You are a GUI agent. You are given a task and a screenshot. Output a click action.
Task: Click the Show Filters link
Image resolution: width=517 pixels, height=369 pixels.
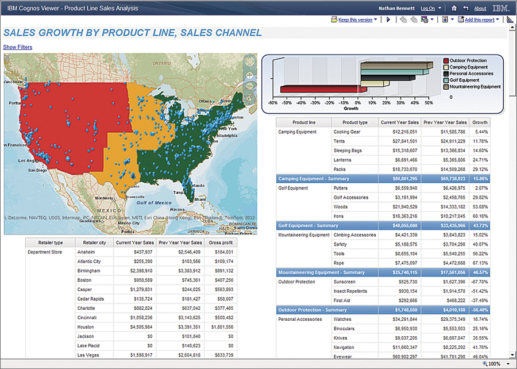click(x=18, y=47)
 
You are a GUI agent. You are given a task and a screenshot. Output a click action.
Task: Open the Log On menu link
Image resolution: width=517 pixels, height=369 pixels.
click(x=428, y=9)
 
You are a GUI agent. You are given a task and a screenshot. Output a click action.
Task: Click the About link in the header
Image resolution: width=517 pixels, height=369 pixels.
click(x=480, y=9)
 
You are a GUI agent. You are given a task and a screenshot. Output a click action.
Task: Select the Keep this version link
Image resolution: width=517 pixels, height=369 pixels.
click(x=355, y=20)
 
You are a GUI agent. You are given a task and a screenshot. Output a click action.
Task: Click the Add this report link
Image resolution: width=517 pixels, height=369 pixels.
click(x=479, y=20)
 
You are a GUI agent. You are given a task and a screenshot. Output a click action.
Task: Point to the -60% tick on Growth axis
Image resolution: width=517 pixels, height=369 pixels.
click(x=273, y=103)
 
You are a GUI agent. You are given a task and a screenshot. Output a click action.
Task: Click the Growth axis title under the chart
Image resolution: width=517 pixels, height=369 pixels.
click(x=350, y=108)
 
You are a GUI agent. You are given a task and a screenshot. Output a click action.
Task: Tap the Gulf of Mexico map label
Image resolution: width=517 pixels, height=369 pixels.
click(x=152, y=202)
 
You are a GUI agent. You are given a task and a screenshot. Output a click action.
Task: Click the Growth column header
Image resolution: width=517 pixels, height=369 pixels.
click(x=480, y=122)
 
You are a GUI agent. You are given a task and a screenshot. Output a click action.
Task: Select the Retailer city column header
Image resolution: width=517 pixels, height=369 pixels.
click(x=94, y=243)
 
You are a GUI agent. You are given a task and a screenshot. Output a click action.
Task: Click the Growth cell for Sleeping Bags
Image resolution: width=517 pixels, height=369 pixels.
click(x=480, y=151)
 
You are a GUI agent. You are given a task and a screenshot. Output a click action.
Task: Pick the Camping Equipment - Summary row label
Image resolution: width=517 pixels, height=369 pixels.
click(x=306, y=179)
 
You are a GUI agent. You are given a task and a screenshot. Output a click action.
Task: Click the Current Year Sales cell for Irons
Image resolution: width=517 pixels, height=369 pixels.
click(x=400, y=216)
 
